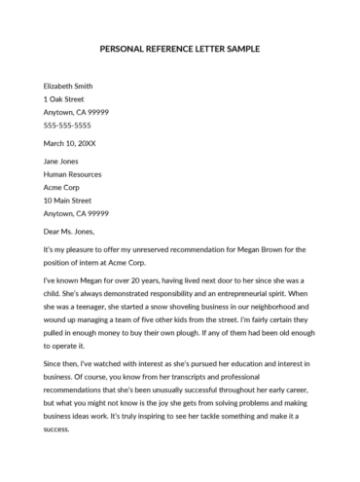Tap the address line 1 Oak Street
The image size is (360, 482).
(x=64, y=99)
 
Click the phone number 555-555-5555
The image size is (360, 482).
(x=67, y=126)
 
